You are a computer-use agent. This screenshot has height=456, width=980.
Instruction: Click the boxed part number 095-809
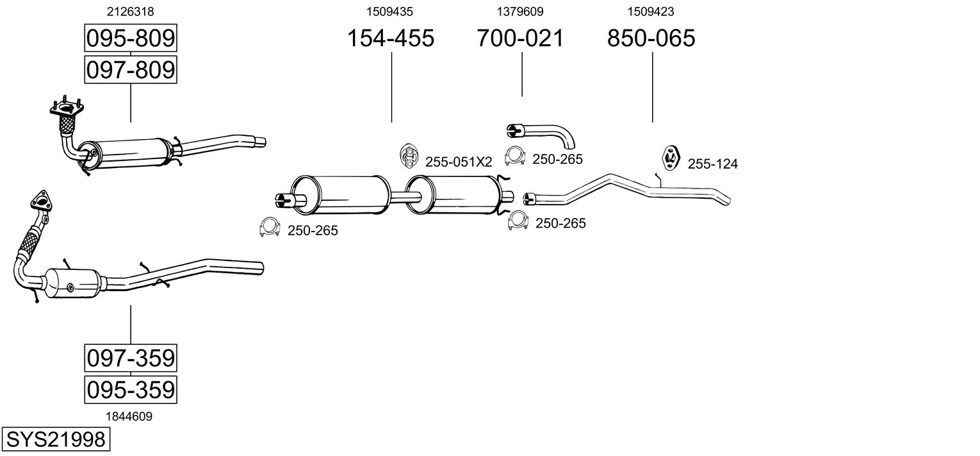pyautogui.click(x=131, y=38)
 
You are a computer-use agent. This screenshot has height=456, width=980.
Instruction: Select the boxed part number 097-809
pyautogui.click(x=131, y=70)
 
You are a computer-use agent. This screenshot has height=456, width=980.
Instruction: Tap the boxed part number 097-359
pyautogui.click(x=131, y=358)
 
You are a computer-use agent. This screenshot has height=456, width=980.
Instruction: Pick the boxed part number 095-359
pyautogui.click(x=131, y=389)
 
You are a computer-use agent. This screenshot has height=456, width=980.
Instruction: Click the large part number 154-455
pyautogui.click(x=390, y=38)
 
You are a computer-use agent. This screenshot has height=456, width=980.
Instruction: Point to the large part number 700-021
pyautogui.click(x=520, y=38)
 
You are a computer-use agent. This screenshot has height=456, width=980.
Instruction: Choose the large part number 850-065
pyautogui.click(x=651, y=38)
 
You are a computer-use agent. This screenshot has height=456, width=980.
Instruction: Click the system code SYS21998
pyautogui.click(x=56, y=439)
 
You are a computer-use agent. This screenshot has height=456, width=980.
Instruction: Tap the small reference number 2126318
pyautogui.click(x=131, y=12)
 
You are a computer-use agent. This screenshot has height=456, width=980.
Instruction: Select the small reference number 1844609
pyautogui.click(x=129, y=417)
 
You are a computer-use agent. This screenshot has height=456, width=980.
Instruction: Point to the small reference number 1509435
pyautogui.click(x=389, y=12)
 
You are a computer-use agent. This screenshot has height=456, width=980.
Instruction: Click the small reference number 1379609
pyautogui.click(x=519, y=12)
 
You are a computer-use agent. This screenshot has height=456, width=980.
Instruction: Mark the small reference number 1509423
pyautogui.click(x=651, y=12)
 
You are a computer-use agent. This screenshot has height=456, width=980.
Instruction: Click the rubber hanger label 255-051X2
pyautogui.click(x=459, y=162)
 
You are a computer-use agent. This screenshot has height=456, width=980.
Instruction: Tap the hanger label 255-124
pyautogui.click(x=713, y=164)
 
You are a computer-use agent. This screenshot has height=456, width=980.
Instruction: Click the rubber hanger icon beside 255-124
pyautogui.click(x=670, y=158)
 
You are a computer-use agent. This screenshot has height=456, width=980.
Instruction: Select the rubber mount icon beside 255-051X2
pyautogui.click(x=409, y=156)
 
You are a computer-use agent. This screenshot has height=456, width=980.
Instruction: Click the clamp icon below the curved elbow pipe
pyautogui.click(x=514, y=156)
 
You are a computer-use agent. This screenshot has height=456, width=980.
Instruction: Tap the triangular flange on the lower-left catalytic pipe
pyautogui.click(x=41, y=201)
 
